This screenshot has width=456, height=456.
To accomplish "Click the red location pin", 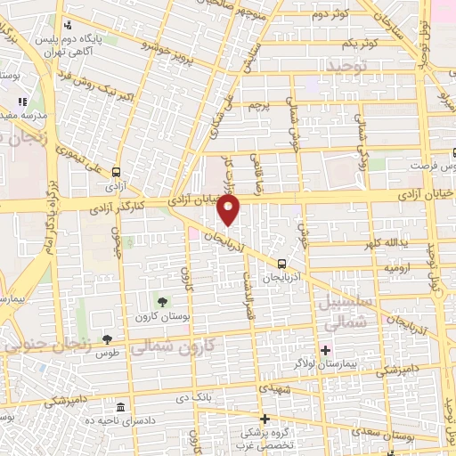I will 230,210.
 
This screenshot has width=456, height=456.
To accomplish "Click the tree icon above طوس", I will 107,338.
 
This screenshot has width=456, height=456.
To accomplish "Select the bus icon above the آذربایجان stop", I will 281,264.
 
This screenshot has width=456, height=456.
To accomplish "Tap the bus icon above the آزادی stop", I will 115,174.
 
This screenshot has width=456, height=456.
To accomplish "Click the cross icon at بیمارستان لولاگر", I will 325,350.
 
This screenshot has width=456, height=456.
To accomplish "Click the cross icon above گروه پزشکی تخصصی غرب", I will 264,418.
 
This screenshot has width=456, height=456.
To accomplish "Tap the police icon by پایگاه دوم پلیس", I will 69,27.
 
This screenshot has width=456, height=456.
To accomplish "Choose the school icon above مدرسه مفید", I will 21,102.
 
